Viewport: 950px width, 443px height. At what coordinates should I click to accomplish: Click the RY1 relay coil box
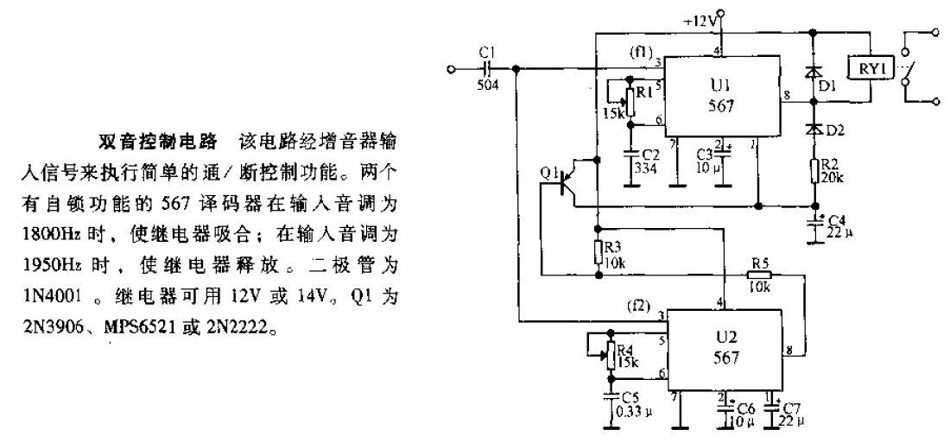click(x=870, y=70)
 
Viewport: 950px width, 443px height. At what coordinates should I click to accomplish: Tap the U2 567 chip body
click(x=725, y=351)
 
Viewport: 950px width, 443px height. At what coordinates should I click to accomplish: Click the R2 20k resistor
click(x=815, y=170)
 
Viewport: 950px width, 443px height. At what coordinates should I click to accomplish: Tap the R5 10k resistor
click(x=759, y=275)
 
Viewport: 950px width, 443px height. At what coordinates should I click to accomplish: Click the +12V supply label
click(x=701, y=22)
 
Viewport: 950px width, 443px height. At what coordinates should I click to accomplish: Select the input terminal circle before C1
click(x=450, y=69)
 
